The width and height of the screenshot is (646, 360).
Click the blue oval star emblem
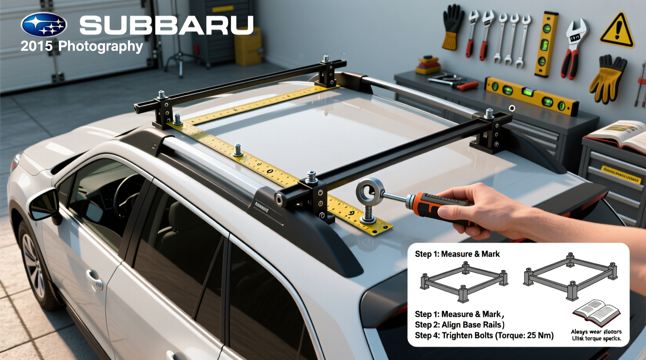pyautogui.click(x=44, y=24)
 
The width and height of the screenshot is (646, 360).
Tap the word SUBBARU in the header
pyautogui.click(x=167, y=26)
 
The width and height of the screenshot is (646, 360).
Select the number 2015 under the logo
pyautogui.click(x=36, y=46)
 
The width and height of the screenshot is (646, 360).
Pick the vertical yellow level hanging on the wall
pyautogui.click(x=546, y=44)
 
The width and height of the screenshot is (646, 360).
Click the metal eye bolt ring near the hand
pyautogui.click(x=369, y=190)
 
